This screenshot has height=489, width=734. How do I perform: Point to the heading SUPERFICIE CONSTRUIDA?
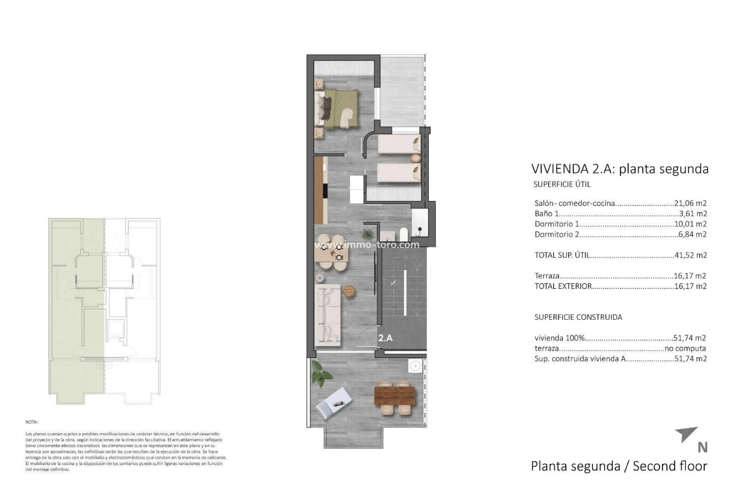point(578,317)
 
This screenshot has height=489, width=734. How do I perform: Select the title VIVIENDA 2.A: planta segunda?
point(620,169)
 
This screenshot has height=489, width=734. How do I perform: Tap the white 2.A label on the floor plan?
point(385,338)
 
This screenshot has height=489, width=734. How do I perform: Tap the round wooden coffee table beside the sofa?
point(349,291)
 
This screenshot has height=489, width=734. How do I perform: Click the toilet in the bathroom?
point(403,234)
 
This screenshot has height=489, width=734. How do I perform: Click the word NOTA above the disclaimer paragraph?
point(32,423)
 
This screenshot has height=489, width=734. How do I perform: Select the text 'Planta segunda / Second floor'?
point(619,466)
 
